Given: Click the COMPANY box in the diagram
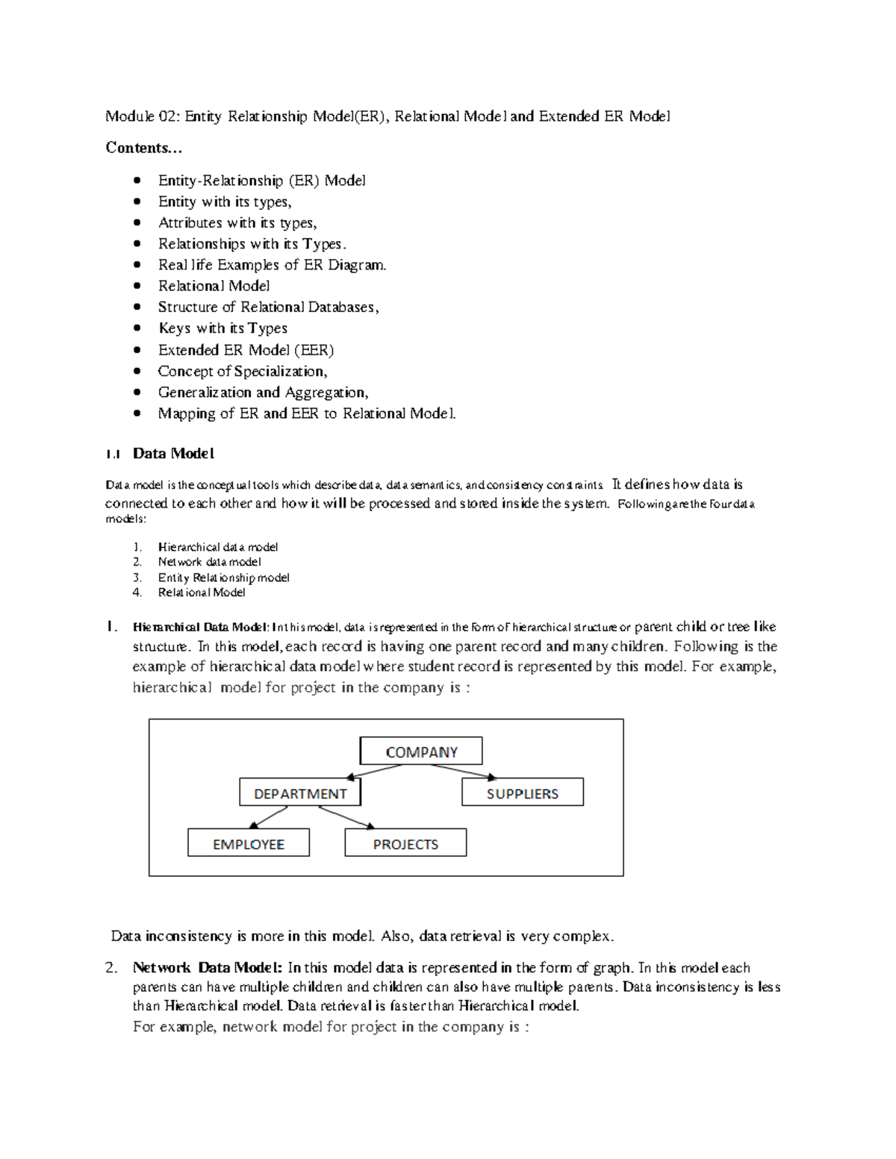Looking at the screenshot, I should [421, 752].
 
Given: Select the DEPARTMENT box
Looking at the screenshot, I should [300, 793].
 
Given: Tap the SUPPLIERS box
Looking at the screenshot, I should [522, 793].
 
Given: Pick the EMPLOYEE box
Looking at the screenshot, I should [249, 843].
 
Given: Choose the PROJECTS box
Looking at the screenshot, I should [405, 843].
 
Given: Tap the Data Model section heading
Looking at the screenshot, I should [173, 453].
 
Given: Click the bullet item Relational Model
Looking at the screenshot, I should [214, 286].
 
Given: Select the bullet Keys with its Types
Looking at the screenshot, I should [223, 328].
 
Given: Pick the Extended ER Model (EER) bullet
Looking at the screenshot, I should [246, 350].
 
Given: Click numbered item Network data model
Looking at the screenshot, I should [209, 562].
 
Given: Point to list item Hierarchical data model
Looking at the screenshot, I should [217, 547].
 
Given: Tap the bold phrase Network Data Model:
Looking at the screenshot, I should [207, 968].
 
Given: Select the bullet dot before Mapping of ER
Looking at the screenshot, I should [137, 413].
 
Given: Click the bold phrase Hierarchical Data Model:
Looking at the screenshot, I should [201, 627].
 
